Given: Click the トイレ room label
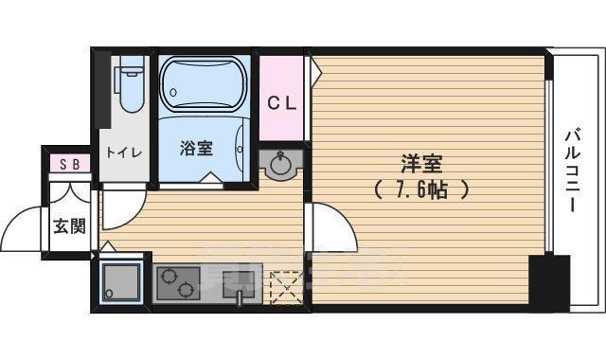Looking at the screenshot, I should tap(123, 151).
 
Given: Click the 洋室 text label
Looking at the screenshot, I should tap(418, 162).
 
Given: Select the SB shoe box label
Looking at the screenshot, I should tap(69, 164).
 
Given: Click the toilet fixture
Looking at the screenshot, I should tap(131, 83).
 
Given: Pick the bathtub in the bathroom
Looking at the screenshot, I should tap(204, 83).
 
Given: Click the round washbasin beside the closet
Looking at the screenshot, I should tap(281, 166).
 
